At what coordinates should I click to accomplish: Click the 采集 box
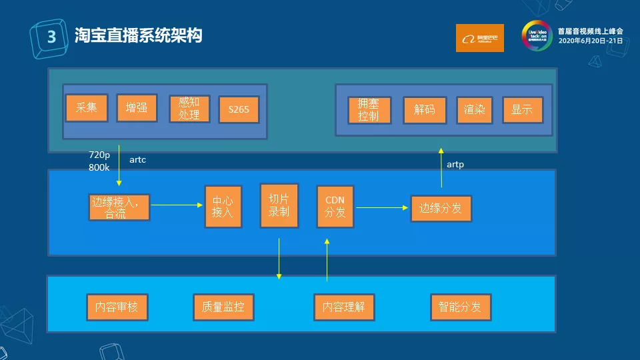87,108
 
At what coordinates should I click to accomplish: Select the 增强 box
137,108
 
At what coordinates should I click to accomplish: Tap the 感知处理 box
189,109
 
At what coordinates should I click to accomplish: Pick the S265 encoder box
238,109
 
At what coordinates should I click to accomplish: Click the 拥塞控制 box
369,110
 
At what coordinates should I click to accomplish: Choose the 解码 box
425,110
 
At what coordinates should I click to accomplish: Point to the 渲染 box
474,110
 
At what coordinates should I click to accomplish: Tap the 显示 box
522,110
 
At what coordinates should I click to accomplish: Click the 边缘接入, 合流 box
119,207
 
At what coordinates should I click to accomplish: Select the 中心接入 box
223,207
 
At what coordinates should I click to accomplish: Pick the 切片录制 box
279,205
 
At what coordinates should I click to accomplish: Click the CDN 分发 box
335,207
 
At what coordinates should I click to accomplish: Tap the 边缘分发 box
441,209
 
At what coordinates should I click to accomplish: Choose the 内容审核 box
117,307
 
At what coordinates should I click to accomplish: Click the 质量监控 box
223,307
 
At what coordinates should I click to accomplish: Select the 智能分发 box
460,307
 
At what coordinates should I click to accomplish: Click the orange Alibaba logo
480,38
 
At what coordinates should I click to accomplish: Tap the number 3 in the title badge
50,37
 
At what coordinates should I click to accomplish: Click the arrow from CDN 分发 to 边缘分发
382,207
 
